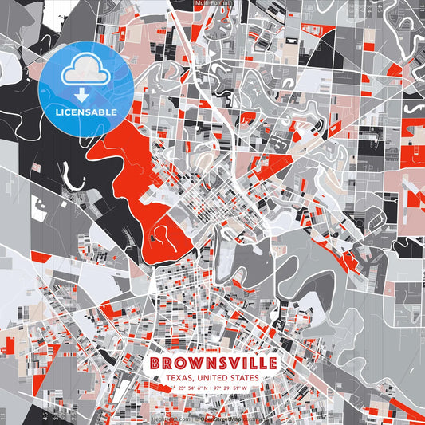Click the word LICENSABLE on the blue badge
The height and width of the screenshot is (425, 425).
[x=86, y=112]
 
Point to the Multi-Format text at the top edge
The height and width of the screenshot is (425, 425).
[x=212, y=3]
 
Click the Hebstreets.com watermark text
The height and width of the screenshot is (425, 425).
[x=171, y=418]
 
